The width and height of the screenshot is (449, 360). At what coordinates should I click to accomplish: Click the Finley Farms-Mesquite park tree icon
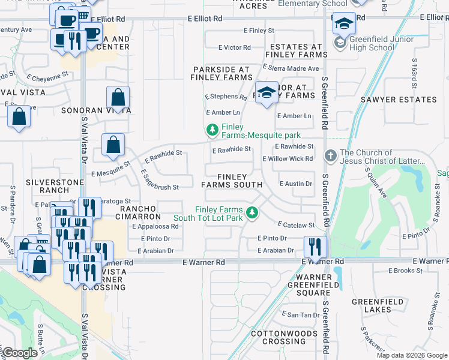coord(211,130)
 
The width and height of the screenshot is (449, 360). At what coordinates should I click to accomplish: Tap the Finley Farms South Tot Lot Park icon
coord(253,212)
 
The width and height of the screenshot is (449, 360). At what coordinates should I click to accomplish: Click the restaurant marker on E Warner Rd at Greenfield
coord(313,247)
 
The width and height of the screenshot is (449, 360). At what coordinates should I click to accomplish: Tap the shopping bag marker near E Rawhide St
coord(113,145)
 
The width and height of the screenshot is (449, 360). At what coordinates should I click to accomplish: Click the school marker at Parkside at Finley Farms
coord(266,92)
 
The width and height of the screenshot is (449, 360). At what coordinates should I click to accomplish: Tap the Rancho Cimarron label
coord(137,212)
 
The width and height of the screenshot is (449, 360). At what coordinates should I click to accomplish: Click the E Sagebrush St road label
coord(159,181)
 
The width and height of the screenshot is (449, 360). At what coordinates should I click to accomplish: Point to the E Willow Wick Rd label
coord(288,159)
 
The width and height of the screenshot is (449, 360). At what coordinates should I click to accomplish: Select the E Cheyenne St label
coord(49,77)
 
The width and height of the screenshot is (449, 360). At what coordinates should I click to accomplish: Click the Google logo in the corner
coord(20,353)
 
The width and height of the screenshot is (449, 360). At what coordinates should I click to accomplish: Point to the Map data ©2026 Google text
coord(411,355)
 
